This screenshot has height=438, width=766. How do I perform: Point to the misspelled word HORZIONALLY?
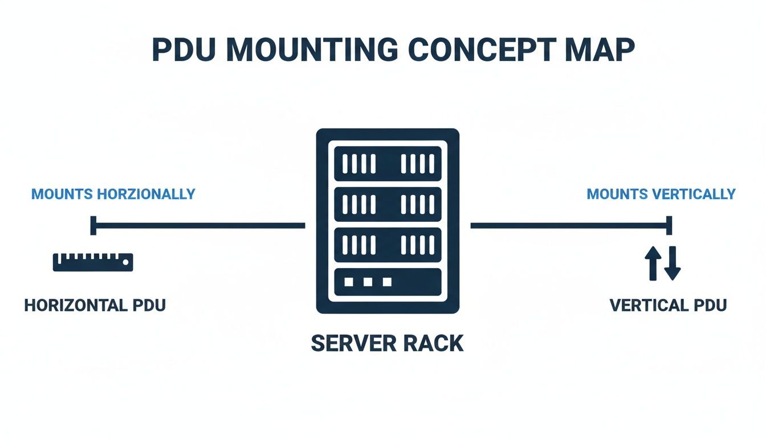click(x=146, y=194)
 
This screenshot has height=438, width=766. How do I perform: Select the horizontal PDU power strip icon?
click(x=93, y=262)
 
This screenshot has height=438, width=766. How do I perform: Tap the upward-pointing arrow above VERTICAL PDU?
click(x=651, y=263)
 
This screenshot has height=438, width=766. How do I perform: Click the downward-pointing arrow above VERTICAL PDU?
click(x=673, y=263)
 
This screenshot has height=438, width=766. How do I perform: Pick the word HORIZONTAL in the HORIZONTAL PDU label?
click(x=76, y=305)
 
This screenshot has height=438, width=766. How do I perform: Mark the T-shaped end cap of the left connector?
click(x=93, y=225)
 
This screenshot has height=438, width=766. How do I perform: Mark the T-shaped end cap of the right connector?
click(x=670, y=225)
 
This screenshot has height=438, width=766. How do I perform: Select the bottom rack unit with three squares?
click(x=388, y=282)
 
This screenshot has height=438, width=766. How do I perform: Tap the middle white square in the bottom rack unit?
click(x=368, y=282)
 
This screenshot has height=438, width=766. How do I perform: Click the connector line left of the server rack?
click(x=199, y=226)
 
